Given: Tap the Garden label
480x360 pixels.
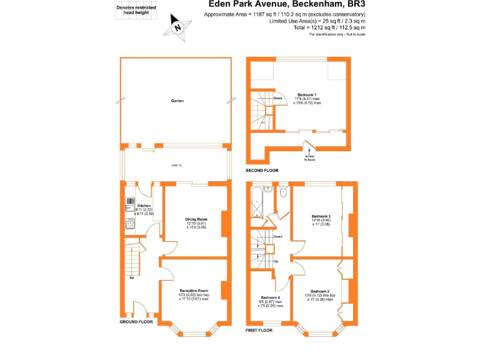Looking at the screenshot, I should click(x=177, y=101).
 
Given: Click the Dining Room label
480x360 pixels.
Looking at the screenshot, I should click(x=196, y=219).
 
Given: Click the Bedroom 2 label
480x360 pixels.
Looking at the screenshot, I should click(x=319, y=291).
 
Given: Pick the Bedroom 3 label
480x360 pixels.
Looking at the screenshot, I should click(x=321, y=217).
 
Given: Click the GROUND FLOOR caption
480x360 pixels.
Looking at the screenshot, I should click(x=136, y=322).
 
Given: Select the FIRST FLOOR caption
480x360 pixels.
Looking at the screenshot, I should click(x=260, y=329).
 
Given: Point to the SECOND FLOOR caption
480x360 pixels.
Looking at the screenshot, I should click(x=262, y=170).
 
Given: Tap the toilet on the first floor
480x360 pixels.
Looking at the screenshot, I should click(x=283, y=192).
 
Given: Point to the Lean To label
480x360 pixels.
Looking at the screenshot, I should click(x=177, y=165).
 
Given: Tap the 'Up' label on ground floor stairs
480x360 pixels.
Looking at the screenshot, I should click(x=131, y=277).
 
